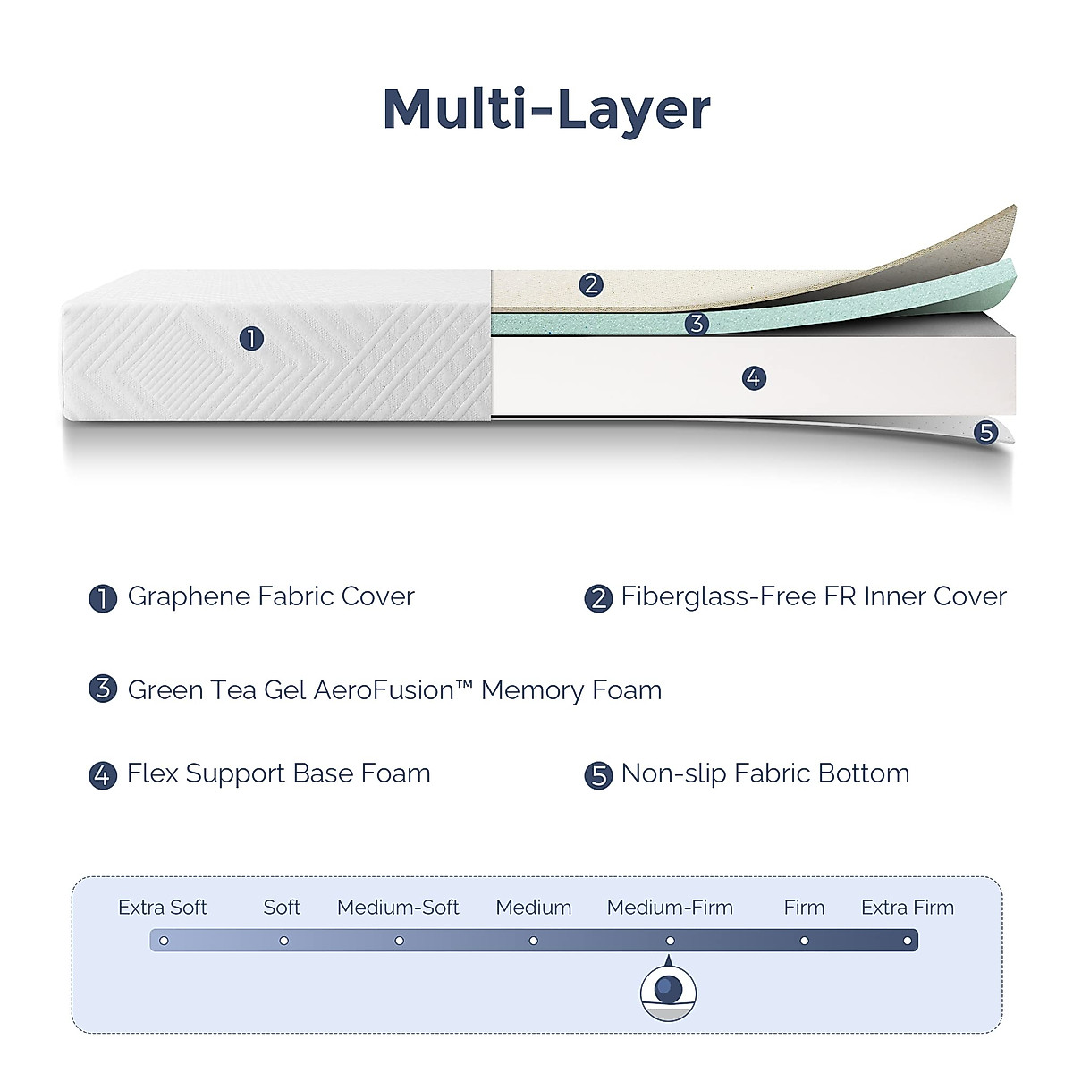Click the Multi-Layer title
[546, 110]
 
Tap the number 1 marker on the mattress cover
[252, 338]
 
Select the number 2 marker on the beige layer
[590, 285]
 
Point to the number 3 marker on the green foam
[697, 324]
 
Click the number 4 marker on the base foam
[754, 378]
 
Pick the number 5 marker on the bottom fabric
[986, 433]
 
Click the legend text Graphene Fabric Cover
[271, 596]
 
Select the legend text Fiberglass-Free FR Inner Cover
[814, 596]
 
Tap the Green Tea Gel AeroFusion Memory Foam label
[394, 690]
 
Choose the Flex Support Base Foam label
[279, 773]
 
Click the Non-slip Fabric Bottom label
[765, 773]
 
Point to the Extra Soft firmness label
[163, 908]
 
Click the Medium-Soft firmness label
[398, 908]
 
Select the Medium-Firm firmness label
[670, 908]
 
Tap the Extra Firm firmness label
[908, 908]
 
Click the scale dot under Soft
[283, 941]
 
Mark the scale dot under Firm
[805, 941]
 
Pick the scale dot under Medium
[534, 941]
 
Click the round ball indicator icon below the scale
[668, 991]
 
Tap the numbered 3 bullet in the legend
[103, 689]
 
